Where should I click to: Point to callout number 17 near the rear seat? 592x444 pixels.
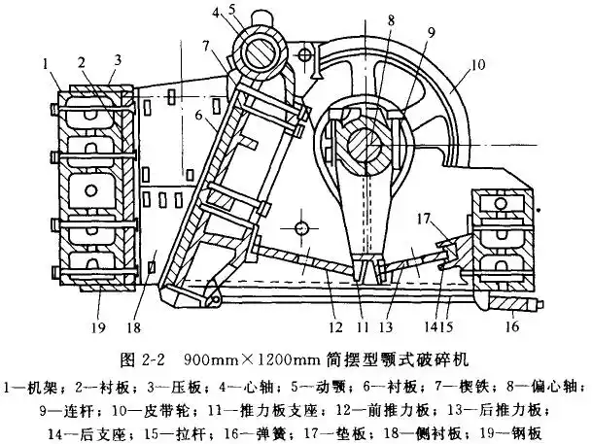(421, 220)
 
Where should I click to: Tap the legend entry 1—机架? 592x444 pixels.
(33, 375)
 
